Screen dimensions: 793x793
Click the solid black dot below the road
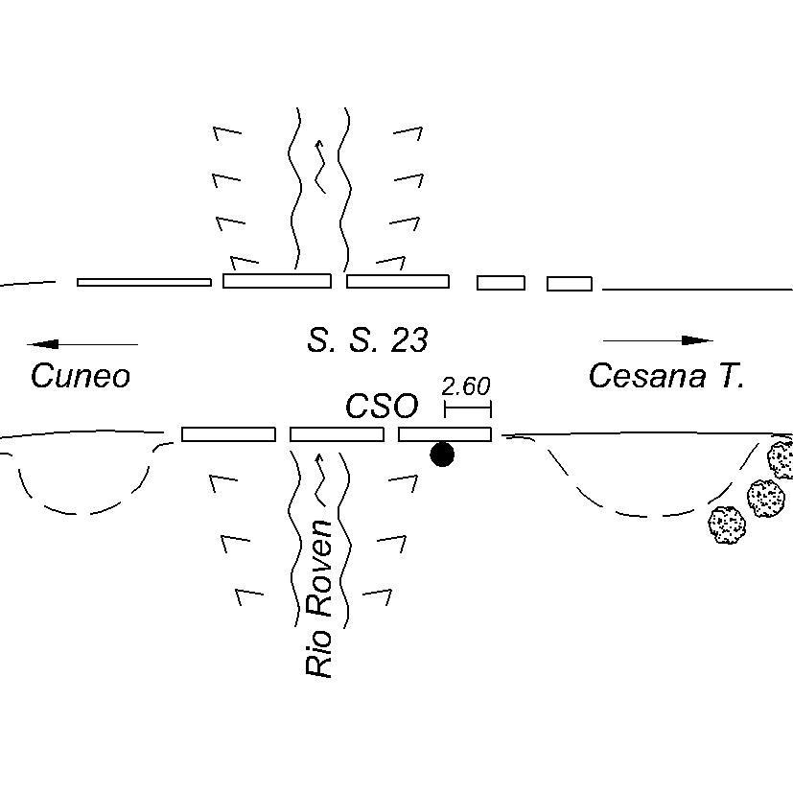click(x=442, y=455)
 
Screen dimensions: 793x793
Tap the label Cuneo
click(x=80, y=376)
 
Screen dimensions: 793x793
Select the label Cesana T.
click(x=665, y=375)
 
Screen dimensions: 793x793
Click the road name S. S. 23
click(x=367, y=339)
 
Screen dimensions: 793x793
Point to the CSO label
click(x=382, y=407)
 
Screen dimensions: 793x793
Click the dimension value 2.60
click(x=466, y=386)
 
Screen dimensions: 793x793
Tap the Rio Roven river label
click(x=319, y=598)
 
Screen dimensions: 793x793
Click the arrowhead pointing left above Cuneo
click(x=44, y=343)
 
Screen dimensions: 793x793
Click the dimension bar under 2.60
click(x=468, y=410)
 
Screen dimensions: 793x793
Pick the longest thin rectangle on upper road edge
click(x=144, y=282)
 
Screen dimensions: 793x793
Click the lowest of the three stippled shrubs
click(x=727, y=525)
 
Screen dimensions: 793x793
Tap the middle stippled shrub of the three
click(x=765, y=498)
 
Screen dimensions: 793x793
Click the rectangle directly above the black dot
click(x=445, y=434)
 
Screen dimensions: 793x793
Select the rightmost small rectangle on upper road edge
click(x=570, y=283)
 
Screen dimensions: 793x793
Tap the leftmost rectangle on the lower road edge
click(x=228, y=434)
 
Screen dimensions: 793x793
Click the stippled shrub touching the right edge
click(x=781, y=459)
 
